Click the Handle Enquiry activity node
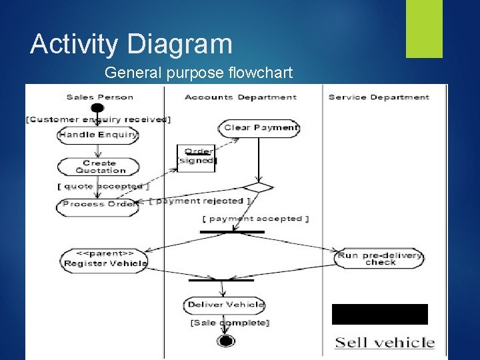(x=98, y=135)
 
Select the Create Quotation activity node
(x=99, y=167)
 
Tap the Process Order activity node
(x=99, y=204)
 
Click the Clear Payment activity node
(x=260, y=128)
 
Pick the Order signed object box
(x=197, y=157)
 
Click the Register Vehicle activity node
(x=103, y=259)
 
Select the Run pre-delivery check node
(x=379, y=259)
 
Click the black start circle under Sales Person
(x=97, y=108)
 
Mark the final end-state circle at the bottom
(x=227, y=341)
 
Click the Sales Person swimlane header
(x=100, y=97)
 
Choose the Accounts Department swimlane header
(x=241, y=97)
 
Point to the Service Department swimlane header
(x=379, y=97)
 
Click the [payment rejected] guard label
(x=199, y=201)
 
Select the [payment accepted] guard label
(x=256, y=219)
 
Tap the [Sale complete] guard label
(x=229, y=323)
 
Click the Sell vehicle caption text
(x=385, y=343)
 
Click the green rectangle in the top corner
(x=424, y=29)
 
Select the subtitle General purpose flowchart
(x=199, y=72)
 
